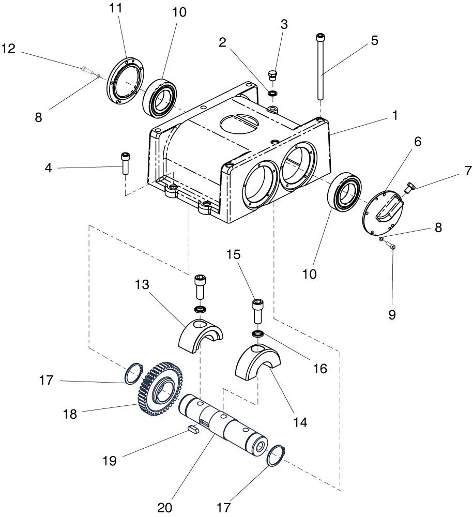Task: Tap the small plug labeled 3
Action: pyautogui.click(x=273, y=75)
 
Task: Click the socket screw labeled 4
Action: pyautogui.click(x=126, y=163)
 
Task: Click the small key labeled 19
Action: pyautogui.click(x=192, y=429)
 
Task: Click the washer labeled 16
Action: pyautogui.click(x=258, y=334)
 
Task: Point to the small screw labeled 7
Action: pyautogui.click(x=409, y=188)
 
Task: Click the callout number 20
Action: pyautogui.click(x=165, y=508)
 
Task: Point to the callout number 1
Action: pyautogui.click(x=394, y=115)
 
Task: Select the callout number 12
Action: pyautogui.click(x=8, y=49)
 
